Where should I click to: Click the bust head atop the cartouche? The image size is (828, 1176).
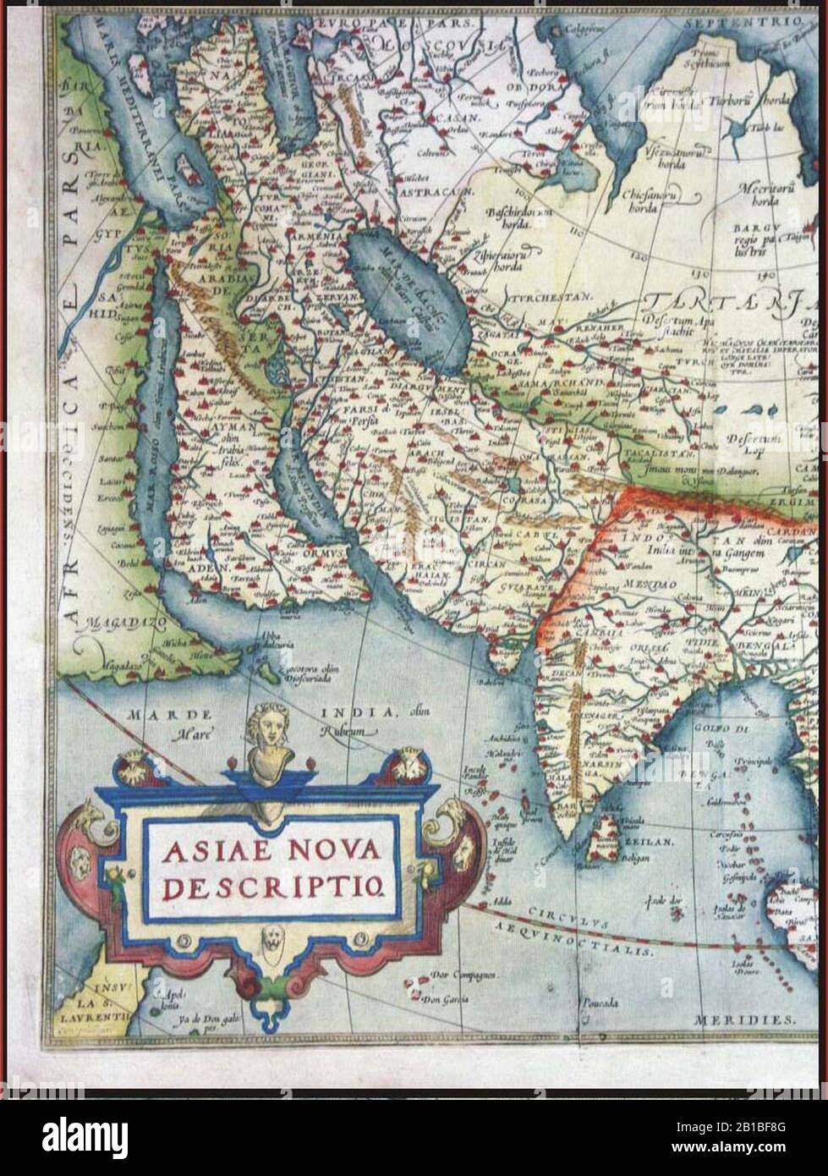tap(269, 725)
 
